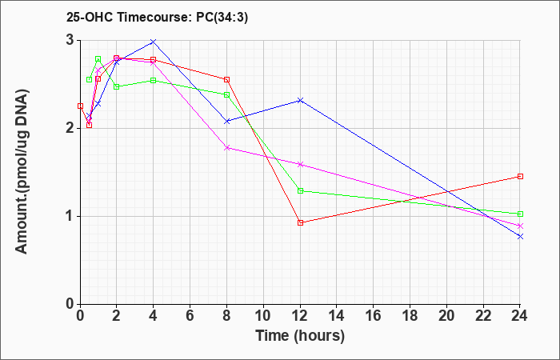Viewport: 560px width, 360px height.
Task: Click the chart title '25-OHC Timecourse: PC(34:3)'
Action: click(157, 17)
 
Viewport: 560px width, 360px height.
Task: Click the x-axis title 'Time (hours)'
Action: click(300, 336)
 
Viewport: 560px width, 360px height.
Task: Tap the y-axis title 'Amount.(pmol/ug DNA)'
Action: click(22, 172)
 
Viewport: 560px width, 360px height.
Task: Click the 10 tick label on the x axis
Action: click(263, 316)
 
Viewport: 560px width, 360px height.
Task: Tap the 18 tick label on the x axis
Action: click(410, 316)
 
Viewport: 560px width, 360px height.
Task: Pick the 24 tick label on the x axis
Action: click(520, 316)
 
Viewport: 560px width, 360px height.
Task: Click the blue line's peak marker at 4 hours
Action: click(154, 42)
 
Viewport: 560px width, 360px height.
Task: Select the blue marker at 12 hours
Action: click(300, 100)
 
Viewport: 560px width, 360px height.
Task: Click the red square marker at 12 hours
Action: click(300, 223)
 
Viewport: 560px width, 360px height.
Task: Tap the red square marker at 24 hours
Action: click(520, 177)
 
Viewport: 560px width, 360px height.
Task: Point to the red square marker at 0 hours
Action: click(80, 106)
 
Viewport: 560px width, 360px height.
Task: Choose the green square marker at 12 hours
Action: click(300, 190)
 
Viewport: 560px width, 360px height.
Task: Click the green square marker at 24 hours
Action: click(520, 214)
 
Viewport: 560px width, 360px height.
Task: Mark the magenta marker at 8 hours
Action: click(226, 147)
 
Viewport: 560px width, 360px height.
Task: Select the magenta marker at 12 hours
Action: click(300, 164)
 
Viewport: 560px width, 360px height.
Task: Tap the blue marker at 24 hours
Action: click(520, 237)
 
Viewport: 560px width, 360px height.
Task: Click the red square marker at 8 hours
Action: click(226, 80)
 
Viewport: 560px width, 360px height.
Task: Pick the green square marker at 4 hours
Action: click(154, 81)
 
